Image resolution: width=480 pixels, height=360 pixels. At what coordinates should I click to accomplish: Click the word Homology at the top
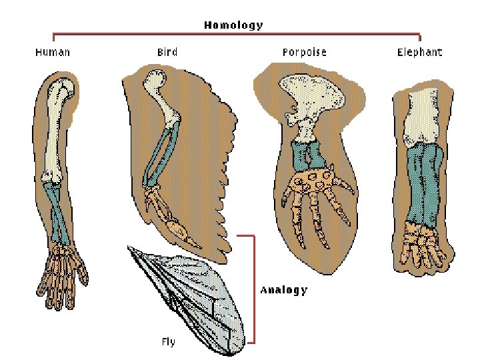pos(233,25)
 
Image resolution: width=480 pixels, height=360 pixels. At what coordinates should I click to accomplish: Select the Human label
pos(53,52)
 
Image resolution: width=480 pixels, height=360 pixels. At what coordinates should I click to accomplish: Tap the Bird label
pos(167,52)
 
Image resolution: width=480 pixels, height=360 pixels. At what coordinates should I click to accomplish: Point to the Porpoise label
pos(304,52)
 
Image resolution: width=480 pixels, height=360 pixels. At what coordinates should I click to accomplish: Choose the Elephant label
pos(420,52)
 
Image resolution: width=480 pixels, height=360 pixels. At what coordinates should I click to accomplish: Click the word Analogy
pos(284,290)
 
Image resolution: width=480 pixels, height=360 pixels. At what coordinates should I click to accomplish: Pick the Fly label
pos(169,342)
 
